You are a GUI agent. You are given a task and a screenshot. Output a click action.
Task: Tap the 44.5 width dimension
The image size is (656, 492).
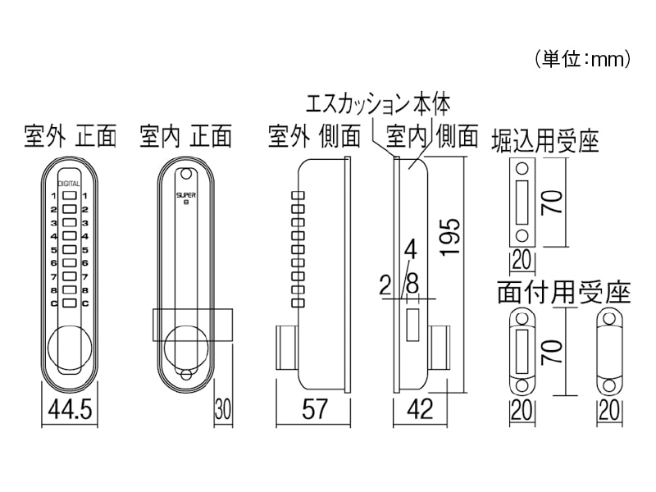pos(69,408)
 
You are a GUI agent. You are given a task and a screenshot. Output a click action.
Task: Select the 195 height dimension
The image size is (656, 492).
pos(449,238)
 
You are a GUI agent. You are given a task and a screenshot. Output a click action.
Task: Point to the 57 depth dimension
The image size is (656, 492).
pos(311,408)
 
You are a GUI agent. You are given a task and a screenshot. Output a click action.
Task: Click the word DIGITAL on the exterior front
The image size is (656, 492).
pos(69,185)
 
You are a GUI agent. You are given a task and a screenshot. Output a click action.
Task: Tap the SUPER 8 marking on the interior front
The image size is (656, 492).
pos(184,198)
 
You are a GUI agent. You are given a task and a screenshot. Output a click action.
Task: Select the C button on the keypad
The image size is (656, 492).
pos(69,303)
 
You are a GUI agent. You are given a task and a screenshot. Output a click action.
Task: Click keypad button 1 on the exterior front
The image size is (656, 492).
pos(69,196)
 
